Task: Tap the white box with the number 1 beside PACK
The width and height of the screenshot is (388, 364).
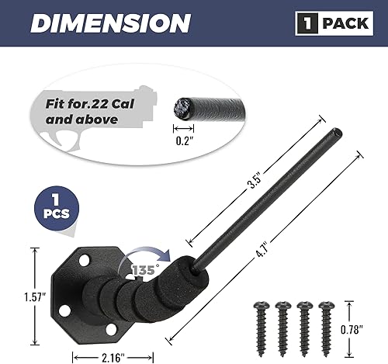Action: point(306,24)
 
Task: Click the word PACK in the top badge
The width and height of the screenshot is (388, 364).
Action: point(345,24)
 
